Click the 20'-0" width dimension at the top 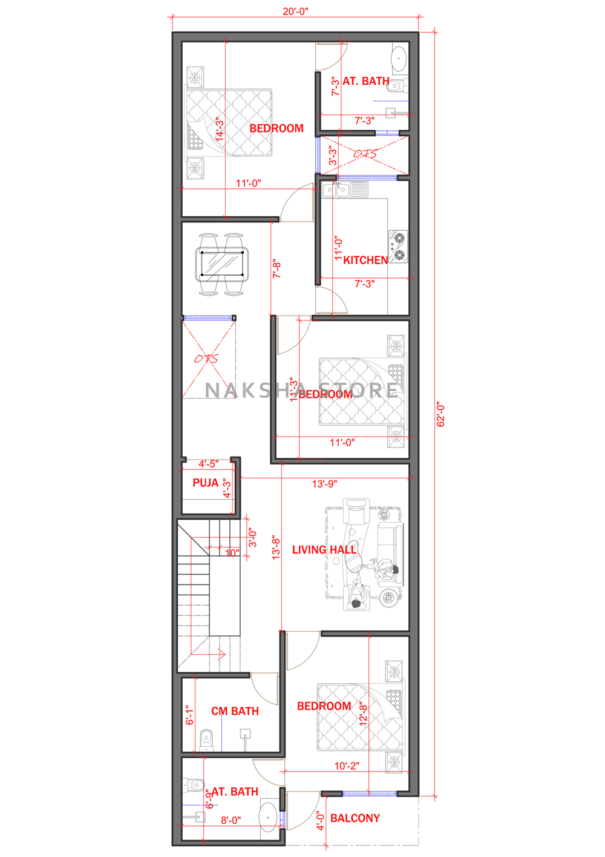(x=295, y=12)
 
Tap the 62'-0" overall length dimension (x=440, y=414)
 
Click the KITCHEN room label (x=365, y=260)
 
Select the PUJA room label (x=206, y=483)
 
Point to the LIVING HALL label (x=324, y=550)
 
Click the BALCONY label (x=355, y=818)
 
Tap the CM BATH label (x=235, y=711)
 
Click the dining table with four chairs (x=221, y=264)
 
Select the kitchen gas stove (x=398, y=247)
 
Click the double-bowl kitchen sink (x=344, y=190)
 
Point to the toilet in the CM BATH (x=206, y=740)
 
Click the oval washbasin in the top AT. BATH (x=399, y=59)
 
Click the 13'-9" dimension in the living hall (x=324, y=484)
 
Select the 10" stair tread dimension (x=232, y=552)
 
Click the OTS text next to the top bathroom (x=365, y=154)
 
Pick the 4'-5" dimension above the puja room (x=209, y=464)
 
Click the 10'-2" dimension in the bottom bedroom (x=347, y=766)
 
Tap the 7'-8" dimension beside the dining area (x=276, y=269)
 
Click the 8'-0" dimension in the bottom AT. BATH (x=231, y=820)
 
